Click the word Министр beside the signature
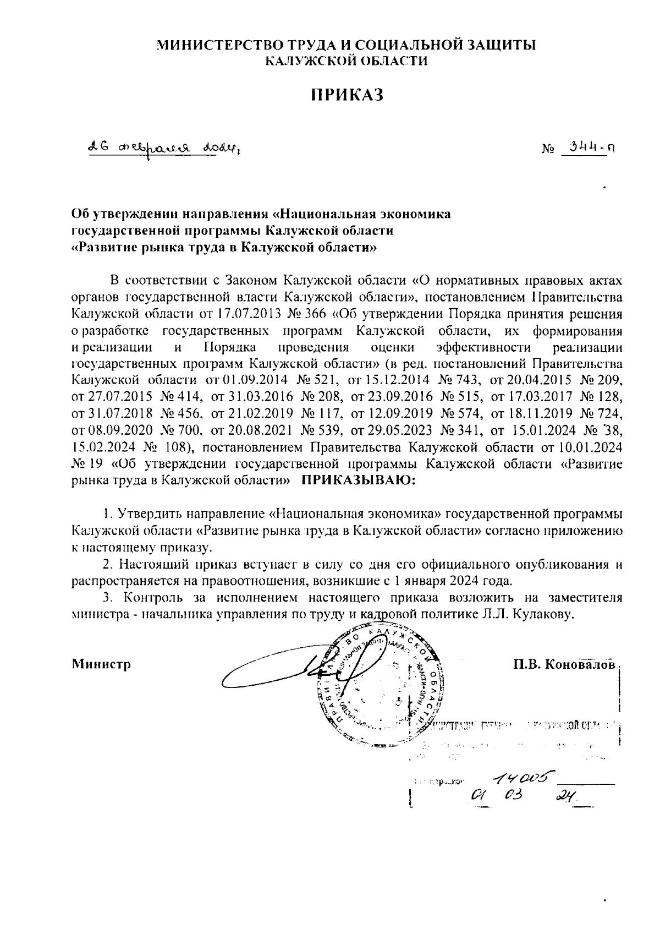(101, 664)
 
